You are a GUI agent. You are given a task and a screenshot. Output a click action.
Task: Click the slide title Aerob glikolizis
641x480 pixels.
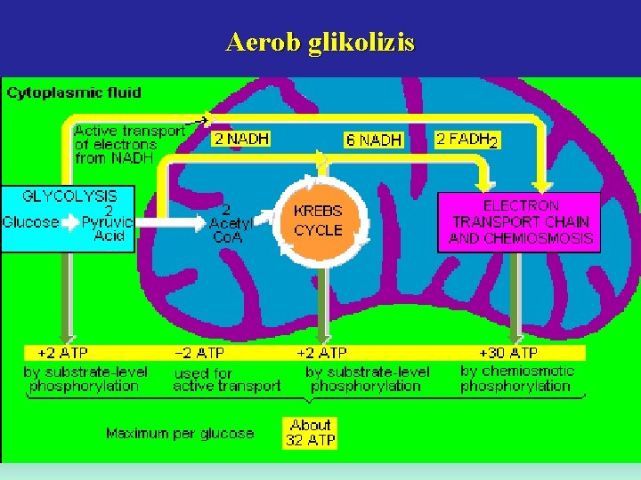tap(320, 43)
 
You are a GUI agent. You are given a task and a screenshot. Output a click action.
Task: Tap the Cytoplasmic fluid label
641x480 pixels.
tap(74, 92)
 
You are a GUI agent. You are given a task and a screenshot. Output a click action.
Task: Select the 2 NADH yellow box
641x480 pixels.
tap(240, 139)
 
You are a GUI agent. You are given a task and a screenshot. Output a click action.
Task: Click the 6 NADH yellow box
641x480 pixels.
tap(374, 140)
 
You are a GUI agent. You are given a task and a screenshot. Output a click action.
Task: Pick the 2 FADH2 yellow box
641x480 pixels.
tap(467, 140)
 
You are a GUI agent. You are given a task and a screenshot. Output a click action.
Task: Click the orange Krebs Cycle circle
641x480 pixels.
tap(318, 220)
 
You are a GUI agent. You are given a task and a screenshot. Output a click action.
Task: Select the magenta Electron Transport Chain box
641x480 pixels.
tap(520, 221)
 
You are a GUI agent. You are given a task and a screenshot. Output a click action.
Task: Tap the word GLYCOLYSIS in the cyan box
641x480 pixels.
tap(69, 194)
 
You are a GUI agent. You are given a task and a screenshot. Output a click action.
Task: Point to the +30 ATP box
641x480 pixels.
tap(508, 353)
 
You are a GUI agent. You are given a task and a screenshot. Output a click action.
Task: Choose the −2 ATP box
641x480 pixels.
tap(199, 353)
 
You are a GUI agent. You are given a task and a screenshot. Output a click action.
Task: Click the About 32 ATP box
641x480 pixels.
tap(310, 433)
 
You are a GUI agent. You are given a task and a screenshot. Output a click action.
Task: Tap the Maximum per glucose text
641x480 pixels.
tap(180, 434)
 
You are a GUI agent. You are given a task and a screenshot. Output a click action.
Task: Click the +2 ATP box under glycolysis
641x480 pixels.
tap(63, 353)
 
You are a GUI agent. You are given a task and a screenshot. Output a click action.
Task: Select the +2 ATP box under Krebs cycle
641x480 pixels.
tap(321, 353)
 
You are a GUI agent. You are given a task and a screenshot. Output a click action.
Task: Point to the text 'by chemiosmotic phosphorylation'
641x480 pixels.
tap(516, 379)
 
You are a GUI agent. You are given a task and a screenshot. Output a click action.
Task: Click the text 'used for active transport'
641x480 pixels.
tap(226, 380)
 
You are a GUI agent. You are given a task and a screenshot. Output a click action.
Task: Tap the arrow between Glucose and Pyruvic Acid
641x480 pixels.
tap(69, 222)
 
